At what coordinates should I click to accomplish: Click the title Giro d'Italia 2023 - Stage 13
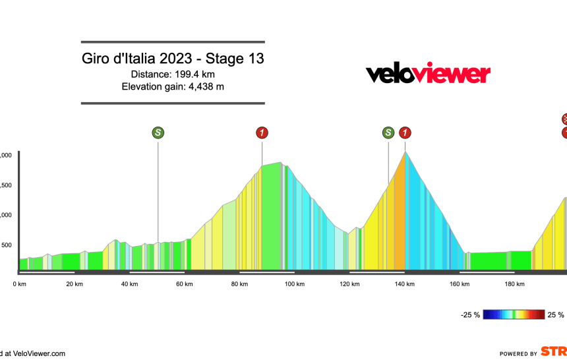point(173,58)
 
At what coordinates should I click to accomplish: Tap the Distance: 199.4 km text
point(173,74)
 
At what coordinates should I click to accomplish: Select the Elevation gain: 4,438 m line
point(173,87)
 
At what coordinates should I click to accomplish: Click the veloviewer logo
point(428,74)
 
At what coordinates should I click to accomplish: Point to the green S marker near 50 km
point(158,133)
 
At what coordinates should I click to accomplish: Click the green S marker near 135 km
point(388,133)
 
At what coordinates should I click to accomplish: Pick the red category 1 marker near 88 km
point(262,133)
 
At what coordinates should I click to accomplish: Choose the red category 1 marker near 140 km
point(405,133)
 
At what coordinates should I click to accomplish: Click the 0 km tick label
point(19,284)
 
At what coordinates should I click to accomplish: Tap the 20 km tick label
point(75,284)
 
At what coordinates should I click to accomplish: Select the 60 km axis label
point(185,284)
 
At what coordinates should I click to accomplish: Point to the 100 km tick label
point(295,284)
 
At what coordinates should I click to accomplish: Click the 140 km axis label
point(405,284)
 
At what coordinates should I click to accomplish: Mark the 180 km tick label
point(515,284)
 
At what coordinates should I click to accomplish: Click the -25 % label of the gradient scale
point(470,315)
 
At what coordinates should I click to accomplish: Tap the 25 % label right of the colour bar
point(556,315)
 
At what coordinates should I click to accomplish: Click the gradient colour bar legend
point(514,315)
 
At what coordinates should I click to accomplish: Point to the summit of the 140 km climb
point(405,152)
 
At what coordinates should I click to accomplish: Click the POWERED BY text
point(518,353)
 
